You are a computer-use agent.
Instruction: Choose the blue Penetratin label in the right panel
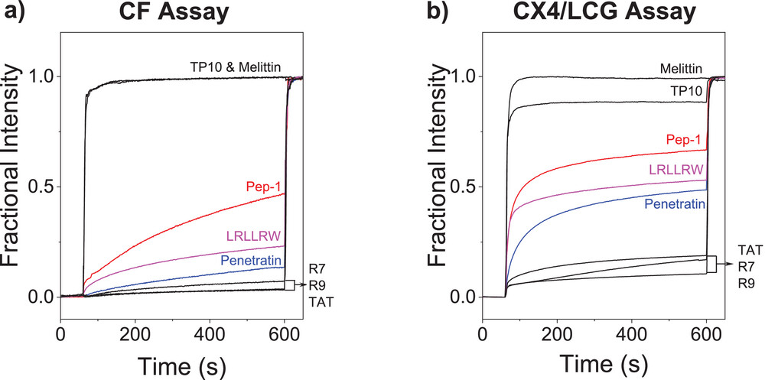point(674,204)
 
